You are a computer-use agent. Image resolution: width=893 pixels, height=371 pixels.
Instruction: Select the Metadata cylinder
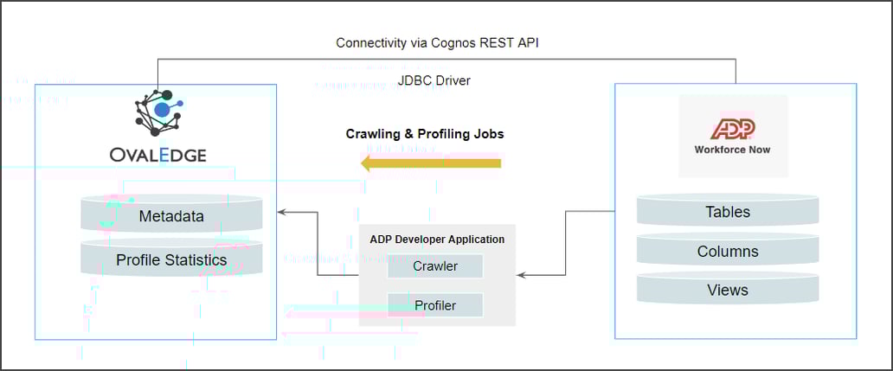[x=171, y=216]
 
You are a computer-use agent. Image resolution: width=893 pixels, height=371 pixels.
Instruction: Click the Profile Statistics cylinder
[x=171, y=259]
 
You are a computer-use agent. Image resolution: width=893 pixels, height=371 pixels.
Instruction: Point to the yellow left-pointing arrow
[x=430, y=163]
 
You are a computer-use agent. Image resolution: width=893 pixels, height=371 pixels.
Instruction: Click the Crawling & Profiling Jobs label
[x=425, y=134]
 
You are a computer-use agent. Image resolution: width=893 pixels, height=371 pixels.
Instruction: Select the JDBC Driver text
[x=434, y=80]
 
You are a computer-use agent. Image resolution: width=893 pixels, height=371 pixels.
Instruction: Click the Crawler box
[x=435, y=266]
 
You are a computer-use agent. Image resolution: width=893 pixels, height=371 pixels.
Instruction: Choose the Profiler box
[x=435, y=305]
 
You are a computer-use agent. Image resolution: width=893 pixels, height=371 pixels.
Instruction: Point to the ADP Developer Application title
[x=437, y=239]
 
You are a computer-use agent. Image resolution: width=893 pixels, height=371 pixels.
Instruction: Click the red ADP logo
[x=733, y=130]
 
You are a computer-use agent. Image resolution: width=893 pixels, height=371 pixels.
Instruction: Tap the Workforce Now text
[x=733, y=149]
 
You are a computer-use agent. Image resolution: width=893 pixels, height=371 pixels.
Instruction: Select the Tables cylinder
[x=728, y=212]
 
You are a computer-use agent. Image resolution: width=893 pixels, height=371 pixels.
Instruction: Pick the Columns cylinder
[x=728, y=252]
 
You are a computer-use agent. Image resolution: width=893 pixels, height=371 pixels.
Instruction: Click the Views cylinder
[x=728, y=291]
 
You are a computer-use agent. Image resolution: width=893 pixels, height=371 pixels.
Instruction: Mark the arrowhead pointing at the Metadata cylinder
[x=280, y=212]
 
